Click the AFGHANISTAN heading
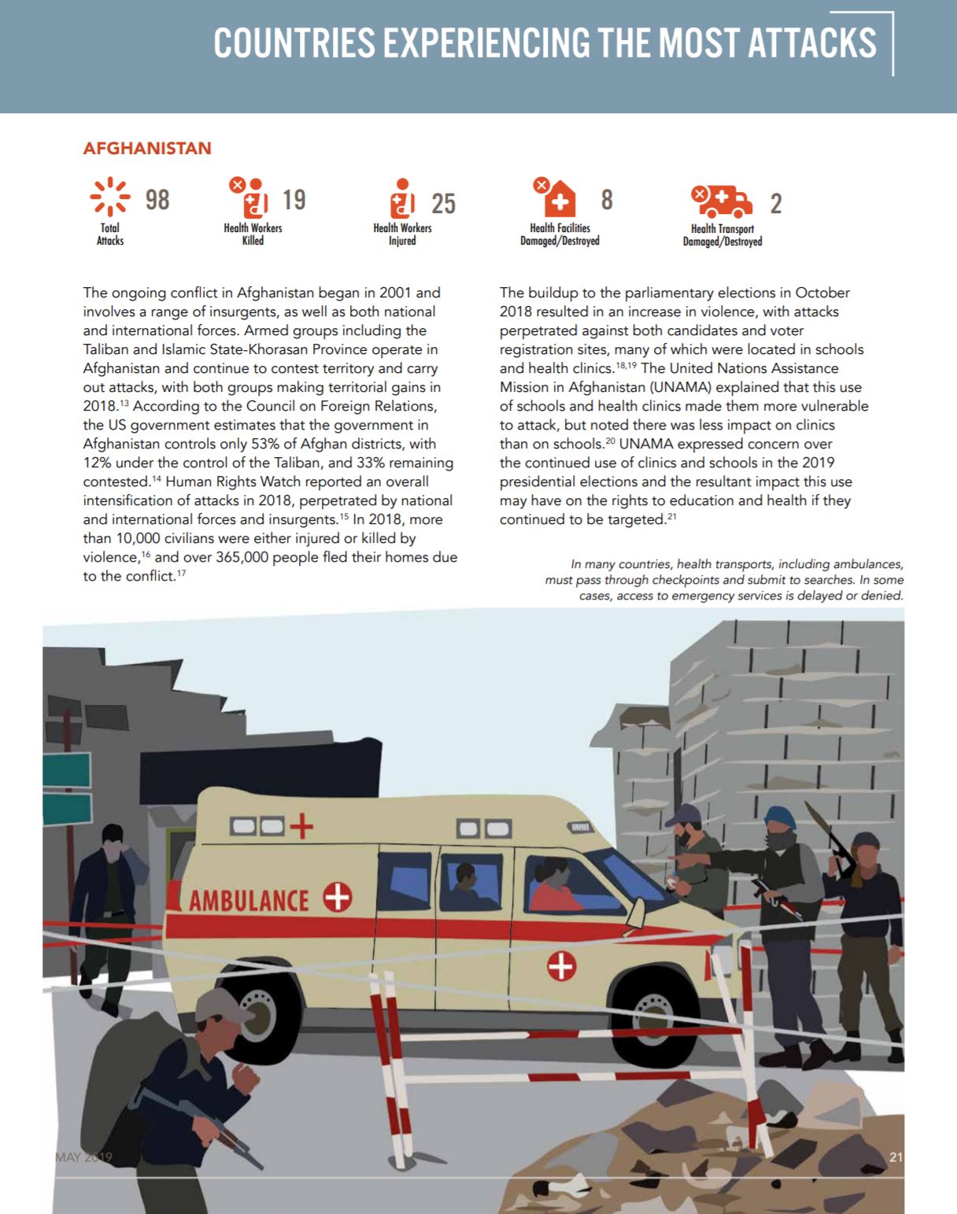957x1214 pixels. point(147,149)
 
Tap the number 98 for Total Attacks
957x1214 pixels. point(157,200)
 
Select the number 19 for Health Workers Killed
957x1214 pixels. point(294,200)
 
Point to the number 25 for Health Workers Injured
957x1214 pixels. point(443,204)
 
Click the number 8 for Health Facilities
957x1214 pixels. point(606,200)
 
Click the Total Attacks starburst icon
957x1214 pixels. point(109,196)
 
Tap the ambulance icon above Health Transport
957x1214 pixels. point(722,201)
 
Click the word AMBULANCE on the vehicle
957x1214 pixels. point(249,900)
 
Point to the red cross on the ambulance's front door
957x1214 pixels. point(561,965)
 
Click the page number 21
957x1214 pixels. point(896,1157)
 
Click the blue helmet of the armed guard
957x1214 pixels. point(779,815)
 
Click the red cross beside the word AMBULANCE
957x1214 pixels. point(338,896)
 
